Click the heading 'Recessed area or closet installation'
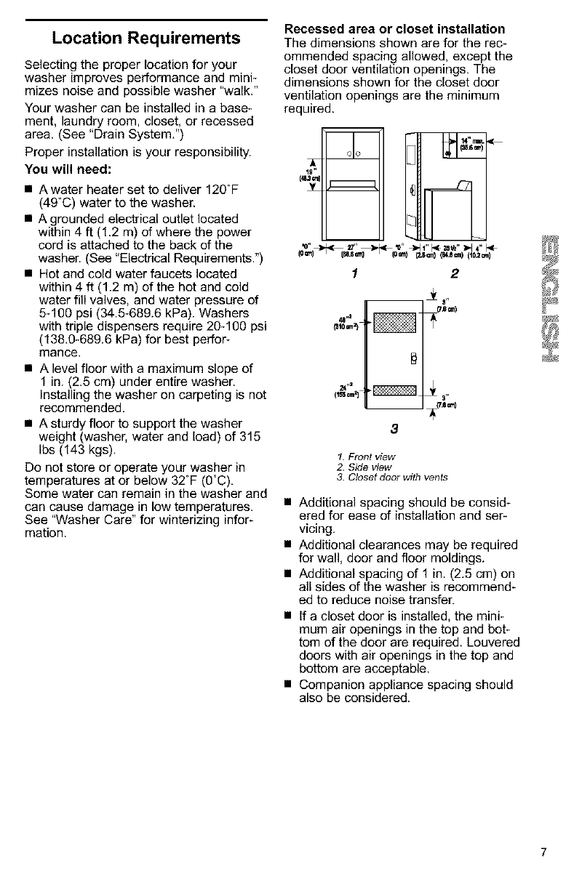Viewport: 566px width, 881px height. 394,29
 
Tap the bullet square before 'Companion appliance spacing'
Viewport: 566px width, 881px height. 290,685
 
